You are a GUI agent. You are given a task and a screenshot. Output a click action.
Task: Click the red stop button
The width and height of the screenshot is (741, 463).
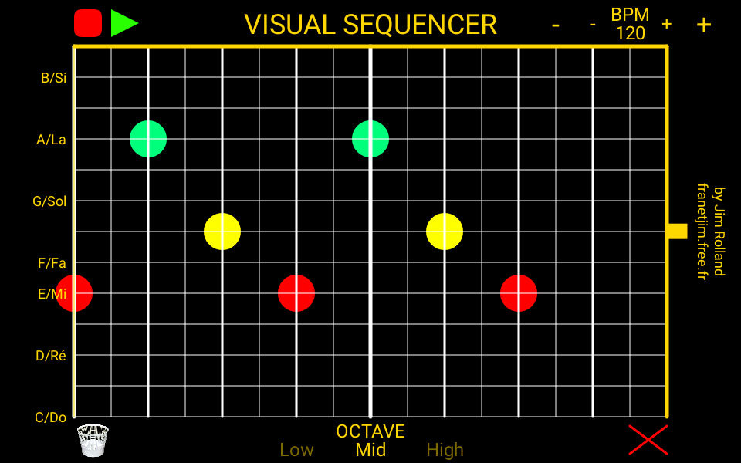[88, 23]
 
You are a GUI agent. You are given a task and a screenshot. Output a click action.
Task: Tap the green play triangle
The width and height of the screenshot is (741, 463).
[123, 23]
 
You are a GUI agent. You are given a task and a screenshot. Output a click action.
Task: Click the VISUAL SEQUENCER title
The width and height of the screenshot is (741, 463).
[370, 25]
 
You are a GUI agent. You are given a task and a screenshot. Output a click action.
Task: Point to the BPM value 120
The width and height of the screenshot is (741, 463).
[630, 33]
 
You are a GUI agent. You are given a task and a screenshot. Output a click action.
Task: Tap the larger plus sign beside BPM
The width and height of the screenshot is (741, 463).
[703, 25]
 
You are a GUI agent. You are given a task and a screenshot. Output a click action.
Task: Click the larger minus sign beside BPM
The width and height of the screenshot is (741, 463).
[555, 25]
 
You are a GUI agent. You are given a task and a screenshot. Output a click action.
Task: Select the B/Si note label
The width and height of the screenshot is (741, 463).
[53, 78]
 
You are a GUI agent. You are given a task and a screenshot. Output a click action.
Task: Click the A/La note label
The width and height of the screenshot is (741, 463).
[51, 140]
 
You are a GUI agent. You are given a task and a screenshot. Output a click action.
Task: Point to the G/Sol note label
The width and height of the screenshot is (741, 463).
[49, 201]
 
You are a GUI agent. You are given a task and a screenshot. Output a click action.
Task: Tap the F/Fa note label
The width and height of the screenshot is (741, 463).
[52, 263]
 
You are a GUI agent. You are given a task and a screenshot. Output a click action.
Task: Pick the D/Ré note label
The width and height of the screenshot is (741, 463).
[51, 356]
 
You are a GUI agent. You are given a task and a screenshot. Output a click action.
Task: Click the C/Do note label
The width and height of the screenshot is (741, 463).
[51, 417]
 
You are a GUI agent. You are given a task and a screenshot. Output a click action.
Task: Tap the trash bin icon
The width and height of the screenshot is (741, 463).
[93, 440]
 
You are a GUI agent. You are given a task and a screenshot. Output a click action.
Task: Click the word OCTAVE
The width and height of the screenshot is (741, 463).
[370, 431]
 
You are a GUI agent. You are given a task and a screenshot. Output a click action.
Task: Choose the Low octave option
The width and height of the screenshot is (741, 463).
[296, 450]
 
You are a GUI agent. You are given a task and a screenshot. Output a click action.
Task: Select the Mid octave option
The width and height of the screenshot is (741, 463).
[370, 450]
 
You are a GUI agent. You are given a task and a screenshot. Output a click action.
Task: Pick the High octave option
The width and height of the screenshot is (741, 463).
[445, 450]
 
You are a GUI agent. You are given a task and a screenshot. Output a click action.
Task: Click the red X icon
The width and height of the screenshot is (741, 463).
[648, 440]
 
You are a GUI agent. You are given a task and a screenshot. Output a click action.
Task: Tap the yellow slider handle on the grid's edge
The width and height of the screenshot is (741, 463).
[677, 231]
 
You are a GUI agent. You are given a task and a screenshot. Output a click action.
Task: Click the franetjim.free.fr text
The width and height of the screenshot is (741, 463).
[702, 231]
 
